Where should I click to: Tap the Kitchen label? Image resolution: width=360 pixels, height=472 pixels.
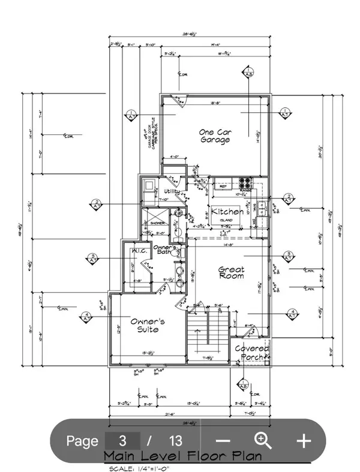pos(227,212)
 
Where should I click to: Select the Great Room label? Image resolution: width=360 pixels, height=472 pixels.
pos(231,273)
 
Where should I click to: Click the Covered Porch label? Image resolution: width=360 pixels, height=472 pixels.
pos(251,353)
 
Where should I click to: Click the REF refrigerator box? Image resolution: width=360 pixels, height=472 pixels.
pos(220,186)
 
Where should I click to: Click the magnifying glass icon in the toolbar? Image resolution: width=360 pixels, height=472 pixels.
pos(263,440)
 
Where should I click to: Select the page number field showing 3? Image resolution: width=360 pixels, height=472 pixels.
pos(123,441)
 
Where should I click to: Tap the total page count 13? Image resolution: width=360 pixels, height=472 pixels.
pos(175,441)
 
